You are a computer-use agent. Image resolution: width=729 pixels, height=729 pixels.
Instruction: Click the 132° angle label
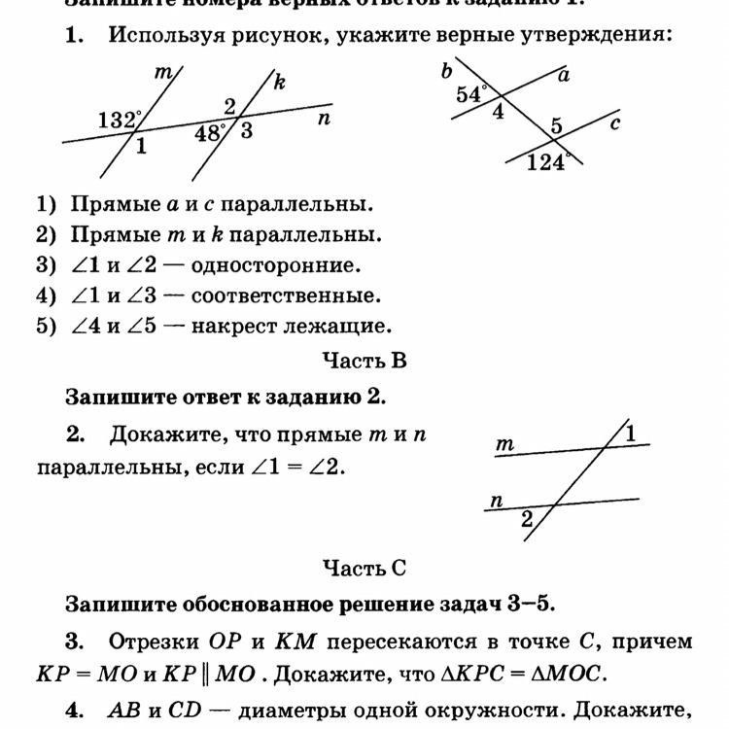click(120, 120)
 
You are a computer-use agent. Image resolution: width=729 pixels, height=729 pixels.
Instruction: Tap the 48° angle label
click(211, 132)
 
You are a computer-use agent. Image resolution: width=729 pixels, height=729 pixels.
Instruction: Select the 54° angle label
click(471, 93)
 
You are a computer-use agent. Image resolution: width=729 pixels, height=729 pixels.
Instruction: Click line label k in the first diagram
click(280, 83)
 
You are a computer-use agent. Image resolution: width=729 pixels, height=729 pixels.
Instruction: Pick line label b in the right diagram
click(447, 70)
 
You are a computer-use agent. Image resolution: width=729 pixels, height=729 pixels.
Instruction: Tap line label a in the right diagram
click(563, 75)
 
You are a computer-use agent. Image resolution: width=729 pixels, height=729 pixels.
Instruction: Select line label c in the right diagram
click(615, 123)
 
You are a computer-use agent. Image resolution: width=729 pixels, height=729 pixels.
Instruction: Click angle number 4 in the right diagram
click(499, 113)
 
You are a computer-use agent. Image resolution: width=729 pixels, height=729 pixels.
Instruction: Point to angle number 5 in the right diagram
click(556, 124)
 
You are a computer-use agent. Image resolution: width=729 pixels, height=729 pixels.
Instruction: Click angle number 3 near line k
click(246, 130)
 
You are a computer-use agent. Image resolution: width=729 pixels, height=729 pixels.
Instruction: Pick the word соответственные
click(286, 295)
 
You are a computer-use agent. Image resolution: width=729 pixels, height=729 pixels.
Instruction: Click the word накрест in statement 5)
click(234, 326)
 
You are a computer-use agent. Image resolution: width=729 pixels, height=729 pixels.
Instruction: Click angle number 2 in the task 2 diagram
click(527, 520)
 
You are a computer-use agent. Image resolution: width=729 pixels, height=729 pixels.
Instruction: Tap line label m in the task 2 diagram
click(504, 444)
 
